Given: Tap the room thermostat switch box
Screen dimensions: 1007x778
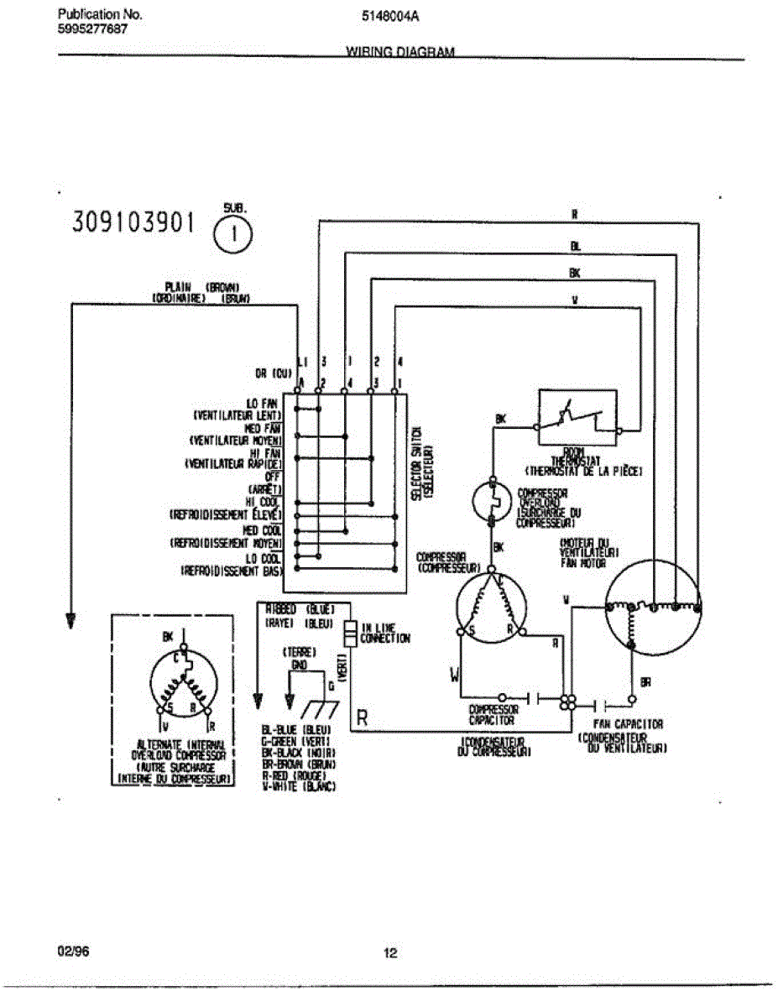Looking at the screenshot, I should tap(577, 417).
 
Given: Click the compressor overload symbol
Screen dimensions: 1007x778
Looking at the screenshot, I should tap(492, 500).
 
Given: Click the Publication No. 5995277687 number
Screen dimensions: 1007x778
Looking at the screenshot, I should tap(93, 29).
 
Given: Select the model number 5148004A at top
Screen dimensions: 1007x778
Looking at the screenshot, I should tap(389, 15).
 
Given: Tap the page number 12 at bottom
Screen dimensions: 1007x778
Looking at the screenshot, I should tap(389, 952).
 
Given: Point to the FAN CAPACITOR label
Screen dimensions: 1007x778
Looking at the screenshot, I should tap(629, 723).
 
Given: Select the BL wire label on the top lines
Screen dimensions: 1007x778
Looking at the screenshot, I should tap(575, 247).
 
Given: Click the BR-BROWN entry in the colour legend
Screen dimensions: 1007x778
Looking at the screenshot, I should tap(299, 764).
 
